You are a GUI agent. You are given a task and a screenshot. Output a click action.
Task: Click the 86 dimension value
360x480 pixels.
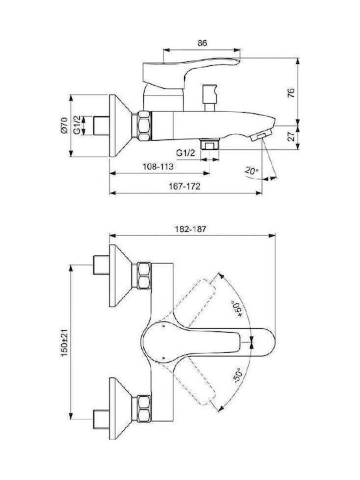pyautogui.click(x=202, y=43)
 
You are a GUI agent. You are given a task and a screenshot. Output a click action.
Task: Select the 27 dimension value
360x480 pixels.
pyautogui.click(x=293, y=136)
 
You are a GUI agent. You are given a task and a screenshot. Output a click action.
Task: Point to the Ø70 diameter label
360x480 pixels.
pyautogui.click(x=64, y=125)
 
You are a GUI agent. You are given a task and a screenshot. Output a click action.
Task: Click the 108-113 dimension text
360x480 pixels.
pyautogui.click(x=158, y=167)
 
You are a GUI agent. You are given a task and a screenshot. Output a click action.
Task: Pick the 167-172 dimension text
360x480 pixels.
pyautogui.click(x=185, y=186)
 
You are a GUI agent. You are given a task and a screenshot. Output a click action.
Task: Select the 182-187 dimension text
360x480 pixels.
pyautogui.click(x=191, y=229)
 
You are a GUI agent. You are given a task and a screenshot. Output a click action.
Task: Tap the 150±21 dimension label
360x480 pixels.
pyautogui.click(x=64, y=343)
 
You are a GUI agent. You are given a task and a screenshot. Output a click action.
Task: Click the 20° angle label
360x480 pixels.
pyautogui.click(x=251, y=171)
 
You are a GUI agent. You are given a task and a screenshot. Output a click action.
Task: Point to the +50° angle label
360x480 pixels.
pyautogui.click(x=238, y=309)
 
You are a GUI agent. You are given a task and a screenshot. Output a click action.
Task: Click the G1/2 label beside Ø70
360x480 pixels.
pyautogui.click(x=77, y=125)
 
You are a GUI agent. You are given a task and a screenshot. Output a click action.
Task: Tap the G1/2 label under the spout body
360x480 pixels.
pyautogui.click(x=185, y=153)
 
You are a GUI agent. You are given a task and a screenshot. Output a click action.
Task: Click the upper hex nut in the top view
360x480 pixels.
pyautogui.click(x=144, y=275)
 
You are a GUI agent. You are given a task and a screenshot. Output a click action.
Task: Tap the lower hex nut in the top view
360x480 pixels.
pyautogui.click(x=143, y=409)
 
